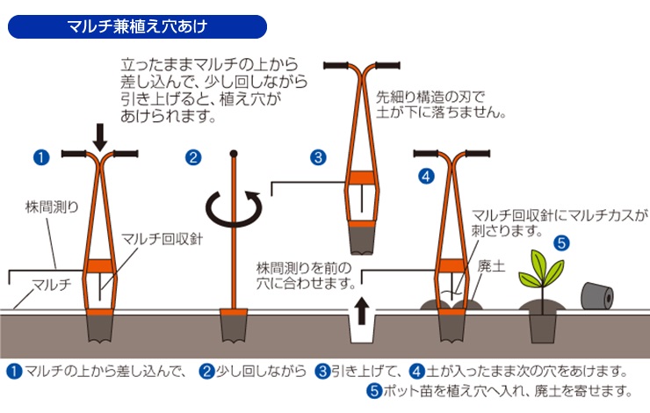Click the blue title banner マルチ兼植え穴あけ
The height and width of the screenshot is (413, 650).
(x=136, y=25)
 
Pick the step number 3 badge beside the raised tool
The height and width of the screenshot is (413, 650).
(x=318, y=158)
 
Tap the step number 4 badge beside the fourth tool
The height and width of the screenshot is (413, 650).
(x=426, y=176)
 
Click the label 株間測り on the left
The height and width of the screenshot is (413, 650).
(x=51, y=208)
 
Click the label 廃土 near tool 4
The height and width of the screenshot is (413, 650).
(x=491, y=264)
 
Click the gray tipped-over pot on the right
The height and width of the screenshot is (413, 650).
(x=597, y=296)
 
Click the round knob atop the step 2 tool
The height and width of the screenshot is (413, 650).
(x=234, y=154)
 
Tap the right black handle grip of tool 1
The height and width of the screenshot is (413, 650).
(x=125, y=156)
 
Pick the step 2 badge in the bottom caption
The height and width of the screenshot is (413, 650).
(x=207, y=369)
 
